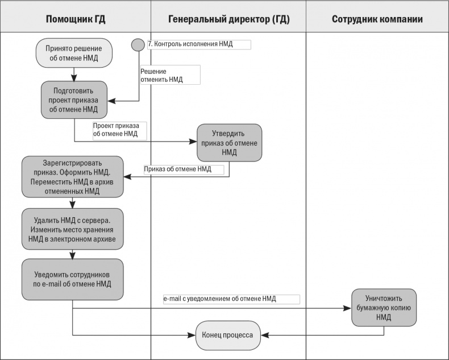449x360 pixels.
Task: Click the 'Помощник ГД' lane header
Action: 76,19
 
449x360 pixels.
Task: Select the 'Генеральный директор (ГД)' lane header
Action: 228,19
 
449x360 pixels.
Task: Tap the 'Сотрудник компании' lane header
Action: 377,19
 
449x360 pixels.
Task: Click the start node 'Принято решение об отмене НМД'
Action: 74,53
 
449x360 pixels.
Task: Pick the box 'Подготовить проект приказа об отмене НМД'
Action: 73,100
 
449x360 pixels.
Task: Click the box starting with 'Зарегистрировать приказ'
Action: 73,176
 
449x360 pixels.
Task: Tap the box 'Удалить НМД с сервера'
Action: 73,229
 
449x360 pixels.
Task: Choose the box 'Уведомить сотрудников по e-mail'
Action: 73,279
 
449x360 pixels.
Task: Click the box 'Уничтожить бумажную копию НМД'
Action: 384,308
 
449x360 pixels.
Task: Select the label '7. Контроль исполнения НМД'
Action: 198,44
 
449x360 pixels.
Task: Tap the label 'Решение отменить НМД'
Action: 170,75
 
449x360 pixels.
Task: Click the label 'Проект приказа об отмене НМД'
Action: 119,130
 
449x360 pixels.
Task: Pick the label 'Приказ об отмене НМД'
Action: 182,169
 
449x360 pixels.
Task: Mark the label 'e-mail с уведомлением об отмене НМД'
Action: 230,299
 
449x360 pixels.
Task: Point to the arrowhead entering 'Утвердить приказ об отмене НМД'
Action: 194,142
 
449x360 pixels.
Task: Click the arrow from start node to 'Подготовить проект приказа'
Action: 74,74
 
